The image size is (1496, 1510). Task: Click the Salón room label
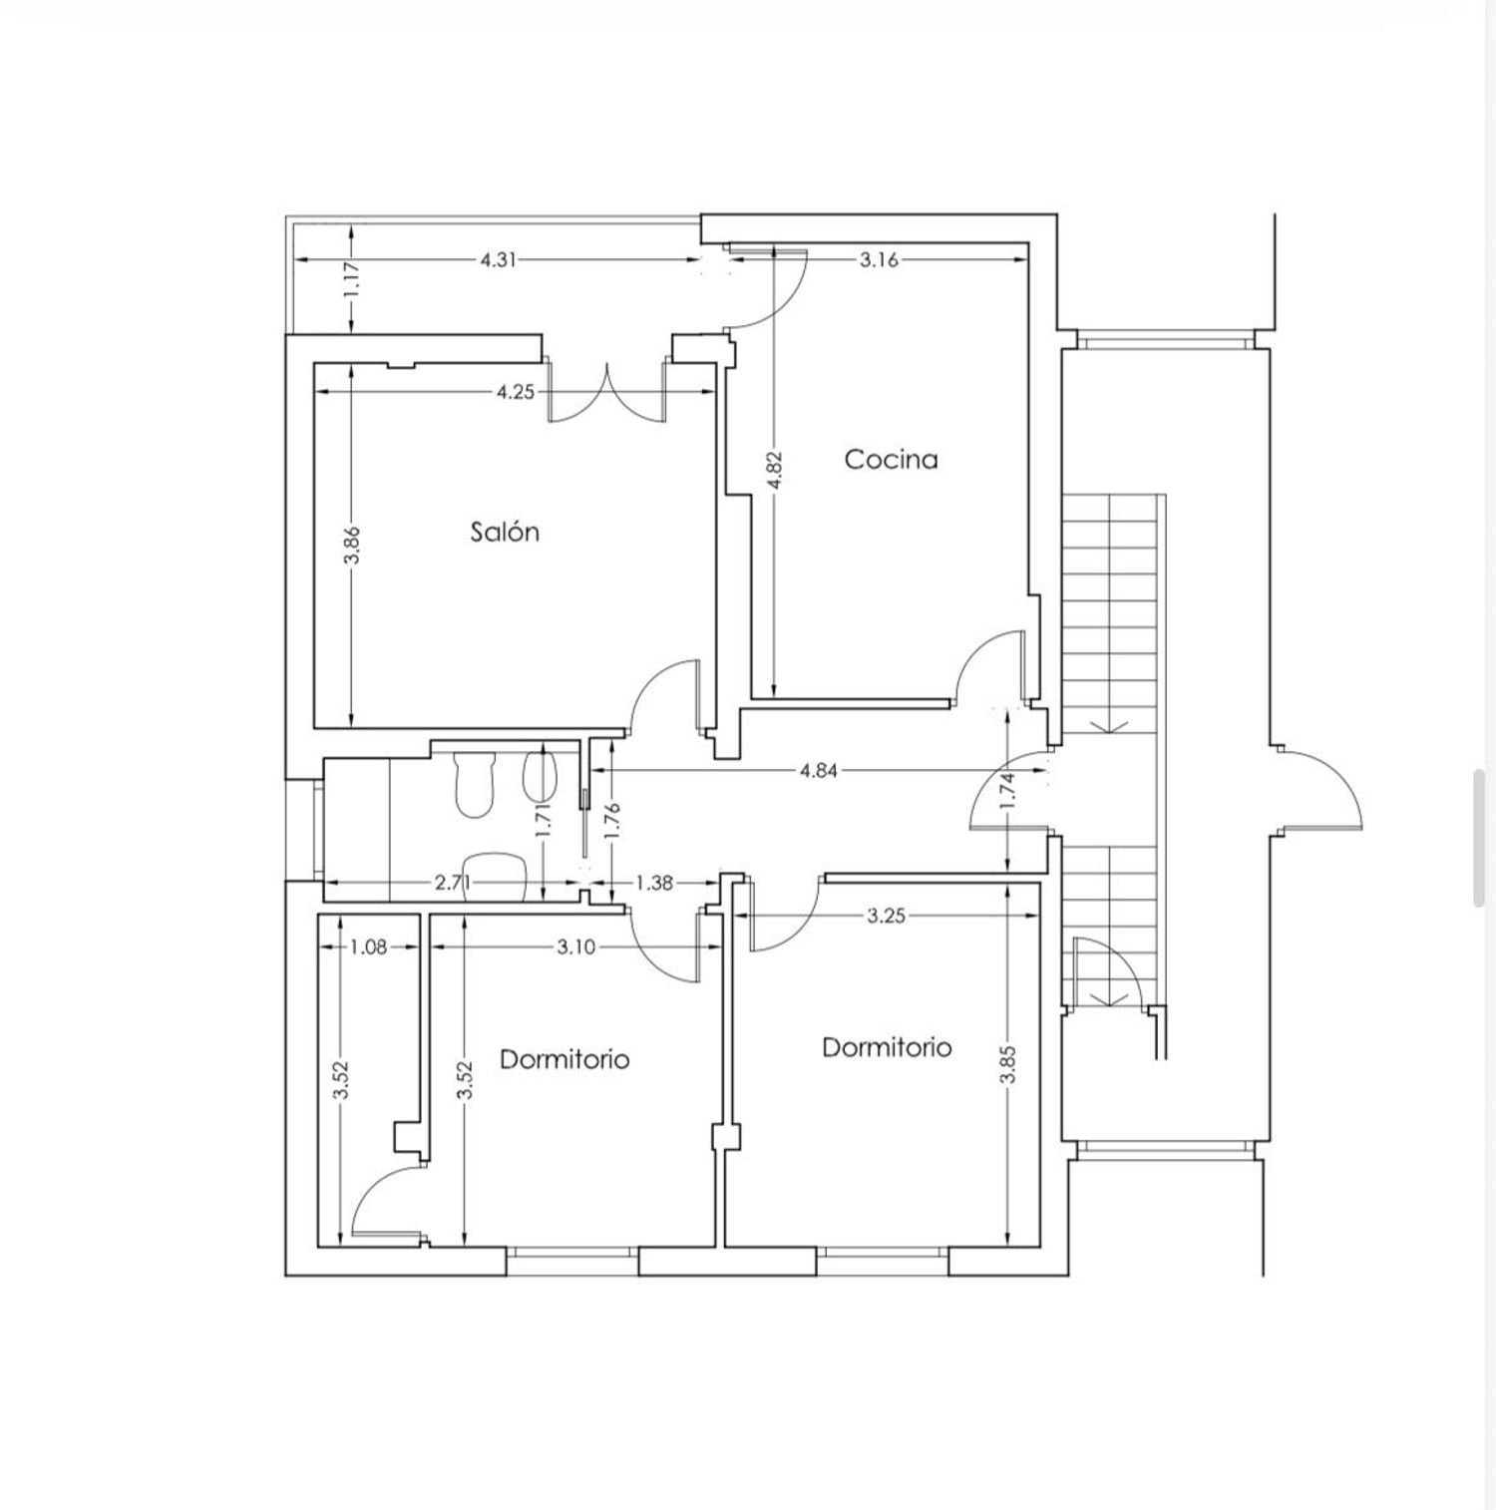(x=505, y=532)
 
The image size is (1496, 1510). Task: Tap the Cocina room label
(x=891, y=459)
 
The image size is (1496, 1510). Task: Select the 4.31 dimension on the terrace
(x=499, y=259)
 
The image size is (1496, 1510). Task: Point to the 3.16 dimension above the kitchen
(x=879, y=259)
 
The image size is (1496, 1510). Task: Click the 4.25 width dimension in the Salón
(x=516, y=392)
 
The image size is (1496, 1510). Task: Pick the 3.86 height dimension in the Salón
(x=352, y=546)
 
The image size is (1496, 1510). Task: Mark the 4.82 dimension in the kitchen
(x=777, y=471)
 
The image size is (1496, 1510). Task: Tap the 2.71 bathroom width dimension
(x=454, y=883)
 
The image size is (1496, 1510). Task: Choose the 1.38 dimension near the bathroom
(x=654, y=883)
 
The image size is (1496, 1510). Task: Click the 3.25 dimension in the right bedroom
(x=886, y=916)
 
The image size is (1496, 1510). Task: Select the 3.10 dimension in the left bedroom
(x=576, y=946)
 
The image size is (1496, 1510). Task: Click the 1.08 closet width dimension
(x=368, y=946)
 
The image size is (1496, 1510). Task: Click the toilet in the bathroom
(x=474, y=784)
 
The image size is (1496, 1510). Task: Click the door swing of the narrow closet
(x=385, y=1204)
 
